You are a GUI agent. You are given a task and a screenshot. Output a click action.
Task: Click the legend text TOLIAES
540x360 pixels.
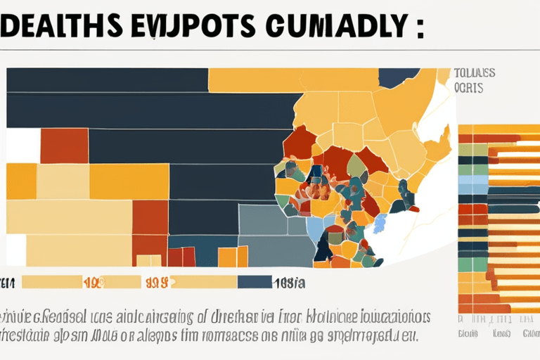pyautogui.click(x=475, y=73)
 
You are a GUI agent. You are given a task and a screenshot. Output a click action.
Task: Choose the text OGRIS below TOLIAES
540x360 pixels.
pyautogui.click(x=470, y=89)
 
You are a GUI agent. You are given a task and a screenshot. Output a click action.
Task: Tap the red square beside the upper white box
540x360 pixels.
pyautogui.click(x=64, y=146)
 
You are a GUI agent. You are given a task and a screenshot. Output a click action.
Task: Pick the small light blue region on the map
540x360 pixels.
pyautogui.click(x=380, y=223)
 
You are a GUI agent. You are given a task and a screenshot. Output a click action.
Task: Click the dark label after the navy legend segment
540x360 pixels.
pyautogui.click(x=289, y=282)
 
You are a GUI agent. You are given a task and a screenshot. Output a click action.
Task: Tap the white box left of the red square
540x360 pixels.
pyautogui.click(x=22, y=146)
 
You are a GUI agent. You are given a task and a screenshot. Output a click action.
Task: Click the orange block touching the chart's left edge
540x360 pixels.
pyautogui.click(x=21, y=181)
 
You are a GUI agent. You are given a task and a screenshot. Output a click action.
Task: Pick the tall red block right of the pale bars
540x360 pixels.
pyautogui.click(x=150, y=217)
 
